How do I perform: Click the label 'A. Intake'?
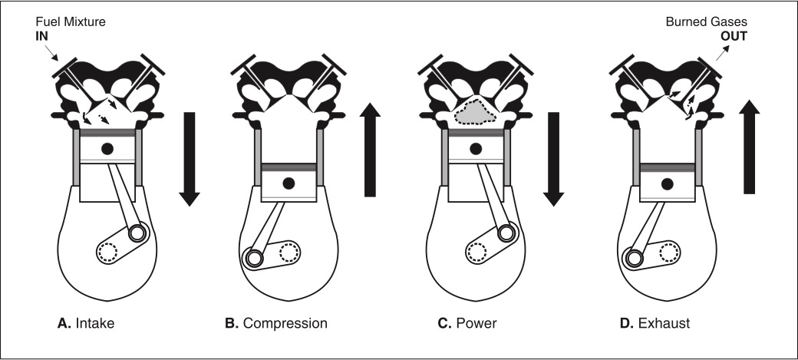(87, 323)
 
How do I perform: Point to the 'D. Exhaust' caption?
(655, 323)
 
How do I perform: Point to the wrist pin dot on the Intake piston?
(106, 147)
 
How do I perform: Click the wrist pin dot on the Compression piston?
(289, 183)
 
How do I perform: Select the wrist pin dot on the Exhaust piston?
(668, 183)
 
